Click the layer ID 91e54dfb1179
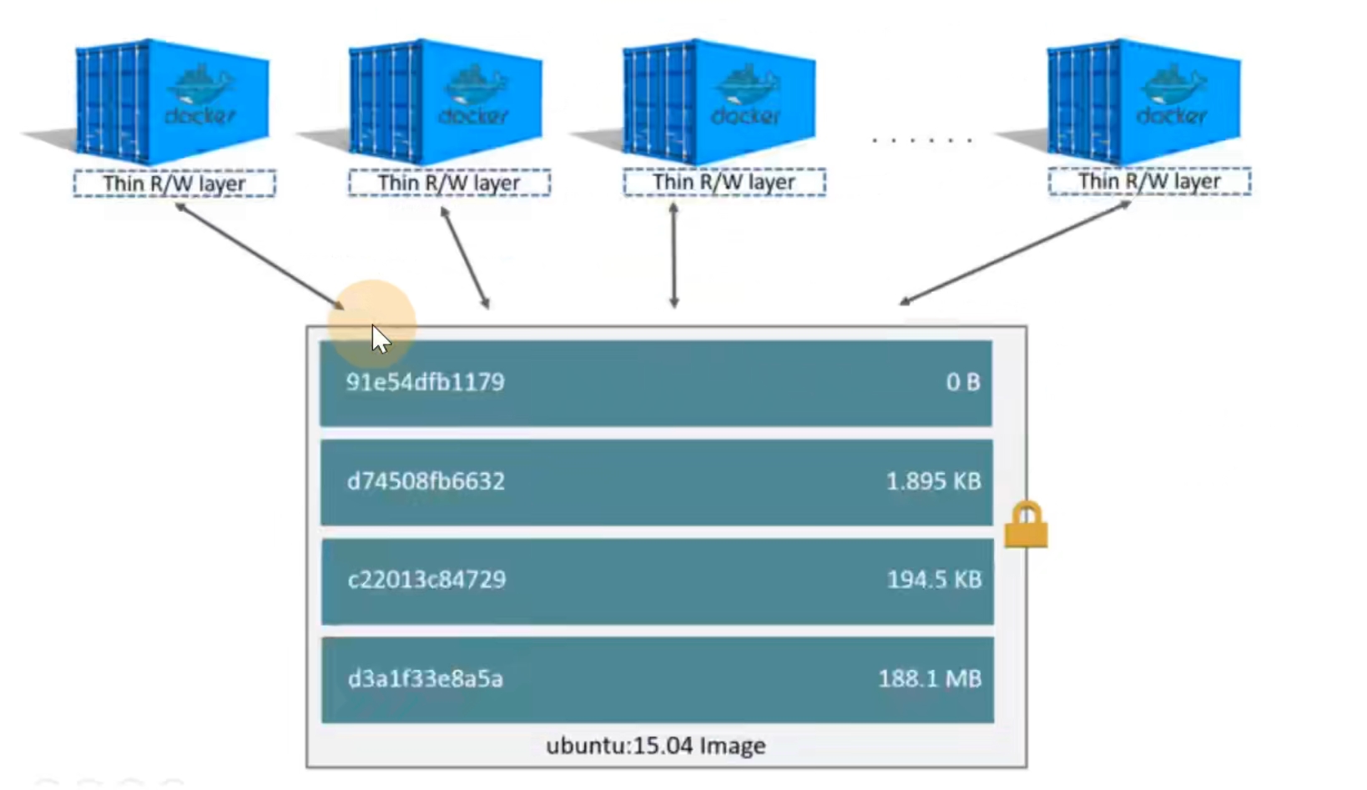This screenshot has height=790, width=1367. click(426, 382)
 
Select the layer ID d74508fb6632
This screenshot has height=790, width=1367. click(426, 481)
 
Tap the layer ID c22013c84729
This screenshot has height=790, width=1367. click(426, 580)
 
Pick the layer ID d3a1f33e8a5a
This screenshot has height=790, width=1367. click(426, 678)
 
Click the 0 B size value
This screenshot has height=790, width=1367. click(963, 382)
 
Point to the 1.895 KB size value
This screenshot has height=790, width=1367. click(934, 481)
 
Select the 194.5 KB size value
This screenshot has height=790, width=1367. click(935, 580)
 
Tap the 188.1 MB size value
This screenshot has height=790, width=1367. click(930, 678)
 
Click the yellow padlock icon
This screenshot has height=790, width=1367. click(1027, 525)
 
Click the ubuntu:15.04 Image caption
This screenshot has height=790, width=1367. click(655, 746)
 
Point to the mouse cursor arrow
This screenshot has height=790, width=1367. click(381, 340)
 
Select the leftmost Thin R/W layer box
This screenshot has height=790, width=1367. click(174, 183)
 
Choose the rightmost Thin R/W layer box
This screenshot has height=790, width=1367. click(1149, 181)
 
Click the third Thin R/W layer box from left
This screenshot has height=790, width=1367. click(724, 182)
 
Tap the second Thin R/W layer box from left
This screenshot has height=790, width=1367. click(450, 183)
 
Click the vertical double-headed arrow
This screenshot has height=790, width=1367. click(673, 255)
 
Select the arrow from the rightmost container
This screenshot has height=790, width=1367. click(1016, 253)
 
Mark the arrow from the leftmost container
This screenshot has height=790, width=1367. click(260, 256)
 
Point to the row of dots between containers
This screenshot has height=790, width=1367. click(922, 140)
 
